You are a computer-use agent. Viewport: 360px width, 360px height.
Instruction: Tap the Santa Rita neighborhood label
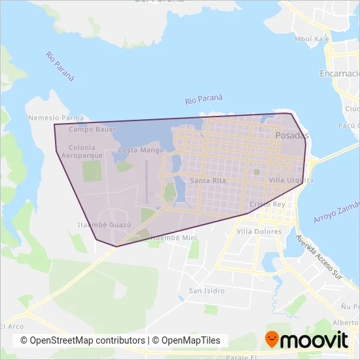208,180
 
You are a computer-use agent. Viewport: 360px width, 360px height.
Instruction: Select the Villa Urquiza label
291,179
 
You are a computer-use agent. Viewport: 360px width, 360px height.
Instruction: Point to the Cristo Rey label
267,204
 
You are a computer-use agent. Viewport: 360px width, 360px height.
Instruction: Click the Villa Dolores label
259,231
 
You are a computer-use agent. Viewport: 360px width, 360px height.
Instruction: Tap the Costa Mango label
141,150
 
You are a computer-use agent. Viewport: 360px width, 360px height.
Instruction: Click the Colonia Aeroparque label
82,152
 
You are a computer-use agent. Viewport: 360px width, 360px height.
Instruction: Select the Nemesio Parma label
57,118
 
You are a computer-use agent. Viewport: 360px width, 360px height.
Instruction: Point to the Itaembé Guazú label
104,224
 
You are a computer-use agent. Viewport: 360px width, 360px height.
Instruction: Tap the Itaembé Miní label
173,238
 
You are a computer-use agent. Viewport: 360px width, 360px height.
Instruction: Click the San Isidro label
207,291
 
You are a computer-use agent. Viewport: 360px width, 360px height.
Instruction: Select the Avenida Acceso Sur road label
319,258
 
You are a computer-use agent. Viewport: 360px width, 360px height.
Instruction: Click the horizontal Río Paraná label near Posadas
204,99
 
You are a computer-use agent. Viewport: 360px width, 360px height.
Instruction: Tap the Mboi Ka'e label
311,39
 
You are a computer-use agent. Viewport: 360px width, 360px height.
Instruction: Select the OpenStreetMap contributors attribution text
82,340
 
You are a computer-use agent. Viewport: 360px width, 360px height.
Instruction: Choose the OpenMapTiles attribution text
189,340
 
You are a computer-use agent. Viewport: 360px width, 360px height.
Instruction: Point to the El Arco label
11,326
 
